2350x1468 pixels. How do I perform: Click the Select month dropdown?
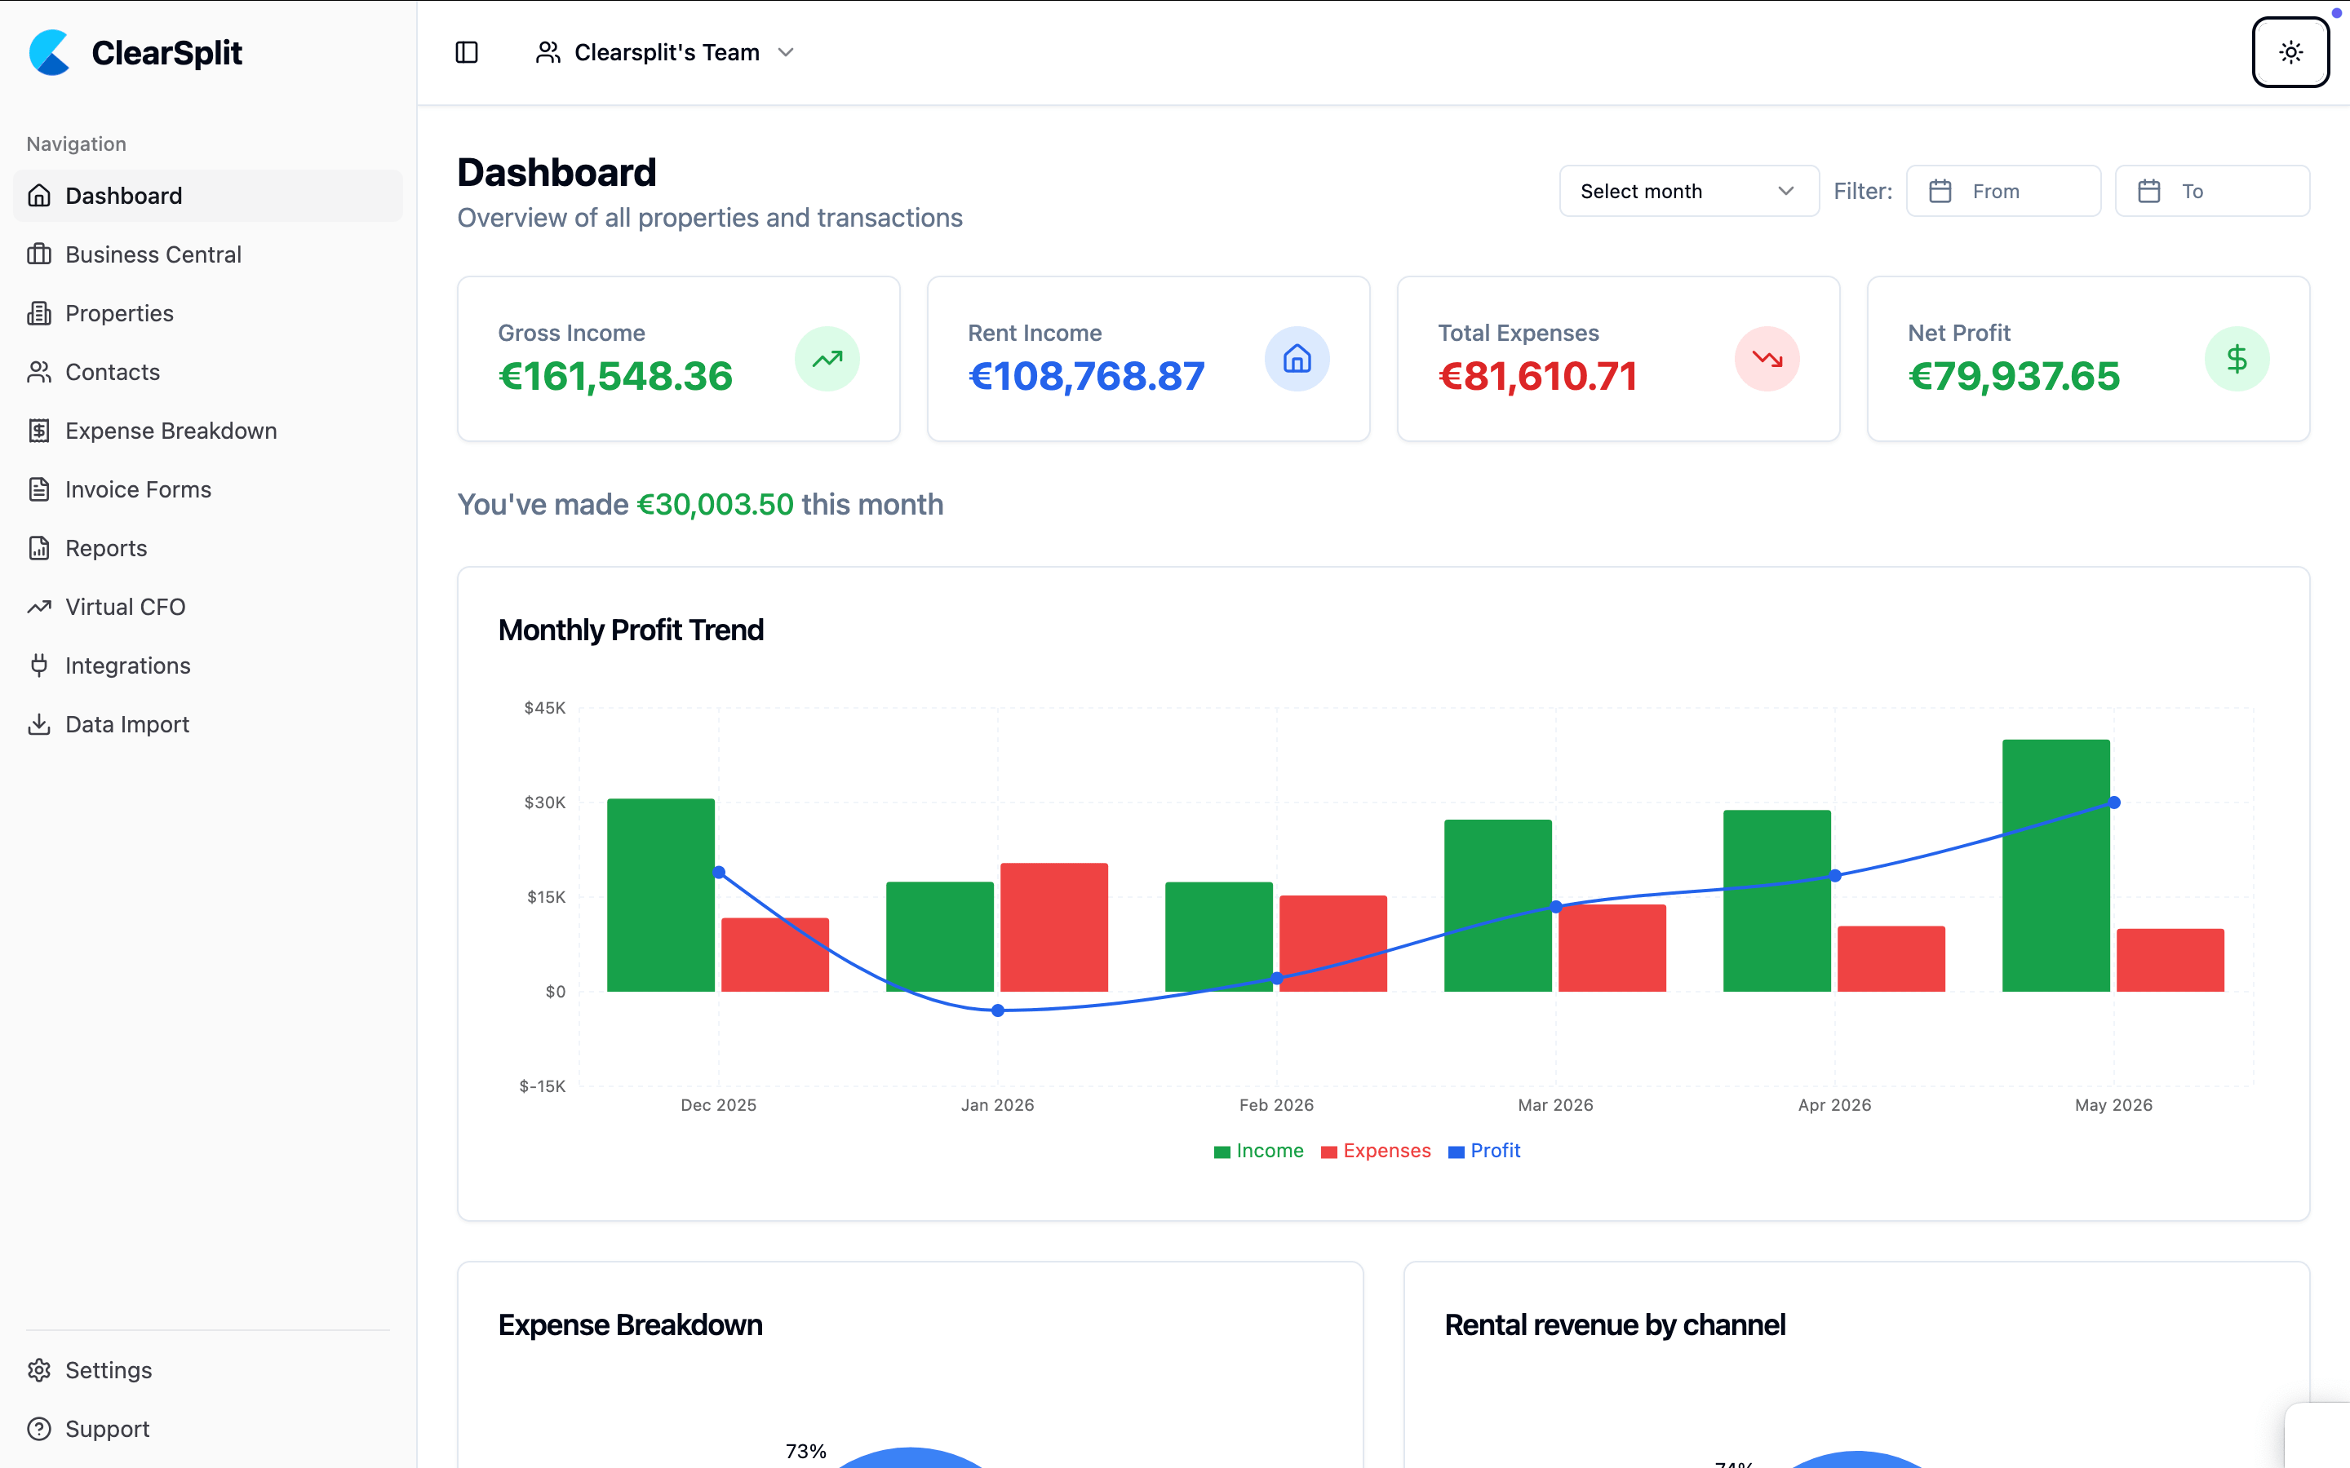click(x=1689, y=192)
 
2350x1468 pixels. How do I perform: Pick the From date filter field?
click(x=2003, y=192)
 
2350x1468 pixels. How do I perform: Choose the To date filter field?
click(x=2212, y=192)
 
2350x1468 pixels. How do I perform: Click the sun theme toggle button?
click(x=2290, y=52)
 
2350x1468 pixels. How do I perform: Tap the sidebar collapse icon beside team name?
click(x=467, y=52)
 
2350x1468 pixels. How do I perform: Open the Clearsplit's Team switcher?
click(x=666, y=52)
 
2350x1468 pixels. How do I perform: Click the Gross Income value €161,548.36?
click(x=616, y=377)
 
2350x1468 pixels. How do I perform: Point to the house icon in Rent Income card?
click(x=1297, y=359)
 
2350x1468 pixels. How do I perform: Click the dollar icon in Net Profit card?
click(x=2237, y=359)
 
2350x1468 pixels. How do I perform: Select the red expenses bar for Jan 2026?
click(x=1053, y=927)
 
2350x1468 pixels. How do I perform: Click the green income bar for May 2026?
click(x=2055, y=865)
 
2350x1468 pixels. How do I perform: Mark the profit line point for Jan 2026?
click(x=997, y=1010)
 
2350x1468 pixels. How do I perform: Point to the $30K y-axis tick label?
click(x=545, y=802)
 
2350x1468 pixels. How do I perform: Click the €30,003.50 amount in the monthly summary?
click(x=716, y=505)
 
